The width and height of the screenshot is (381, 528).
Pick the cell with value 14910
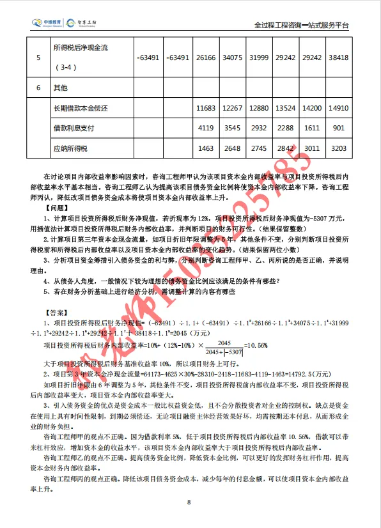pos(338,109)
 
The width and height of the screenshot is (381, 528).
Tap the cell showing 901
pos(339,128)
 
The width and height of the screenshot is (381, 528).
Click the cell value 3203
pos(338,148)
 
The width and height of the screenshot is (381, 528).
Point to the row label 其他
pos(61,86)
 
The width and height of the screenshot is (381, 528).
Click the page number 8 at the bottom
pos(189,502)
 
